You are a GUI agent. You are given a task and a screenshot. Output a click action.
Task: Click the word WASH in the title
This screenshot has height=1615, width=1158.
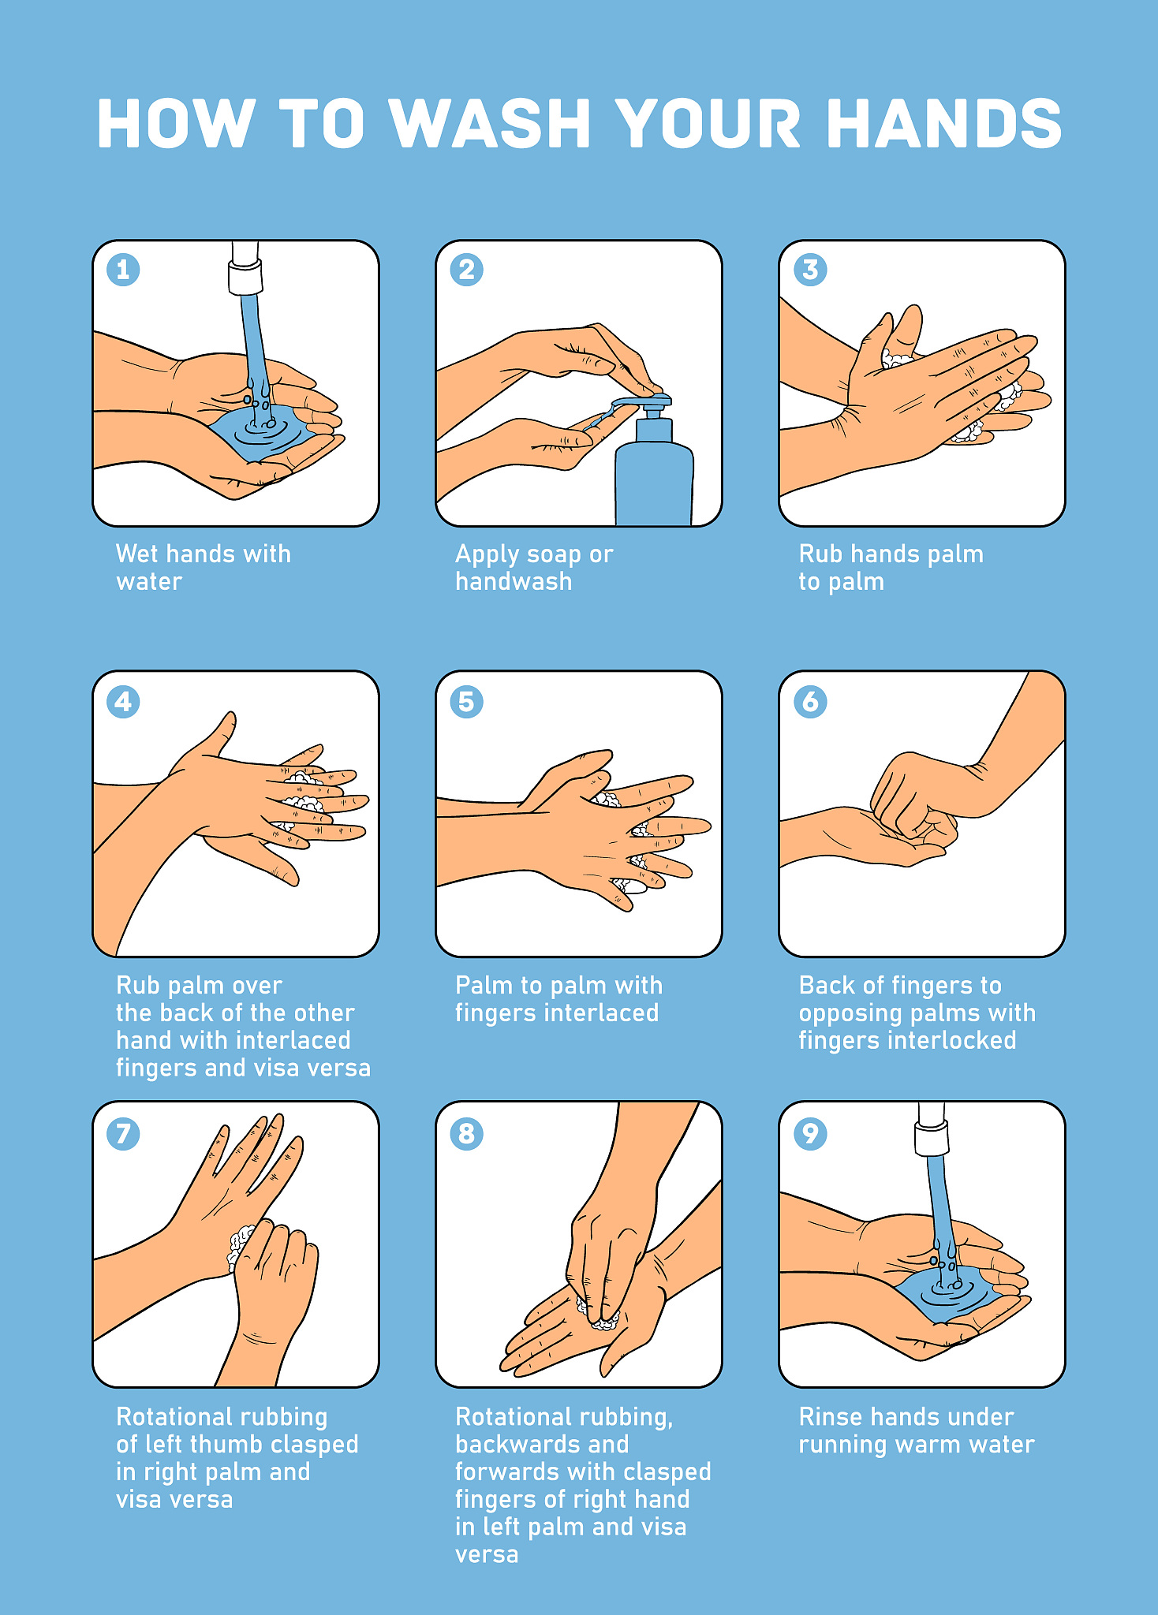491,124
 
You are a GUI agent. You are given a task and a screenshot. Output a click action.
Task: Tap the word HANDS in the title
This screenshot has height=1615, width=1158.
944,124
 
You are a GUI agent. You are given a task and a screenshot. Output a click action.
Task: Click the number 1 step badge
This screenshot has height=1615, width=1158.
123,270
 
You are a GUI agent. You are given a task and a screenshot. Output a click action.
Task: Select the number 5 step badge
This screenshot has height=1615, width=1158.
466,701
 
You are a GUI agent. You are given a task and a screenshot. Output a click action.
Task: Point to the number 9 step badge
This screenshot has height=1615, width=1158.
810,1133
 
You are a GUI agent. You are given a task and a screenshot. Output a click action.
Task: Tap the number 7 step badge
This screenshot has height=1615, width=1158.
123,1133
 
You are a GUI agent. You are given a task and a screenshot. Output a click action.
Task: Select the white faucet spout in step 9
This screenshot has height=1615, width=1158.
931,1128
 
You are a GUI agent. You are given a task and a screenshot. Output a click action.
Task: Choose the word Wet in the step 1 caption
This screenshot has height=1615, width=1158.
137,554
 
